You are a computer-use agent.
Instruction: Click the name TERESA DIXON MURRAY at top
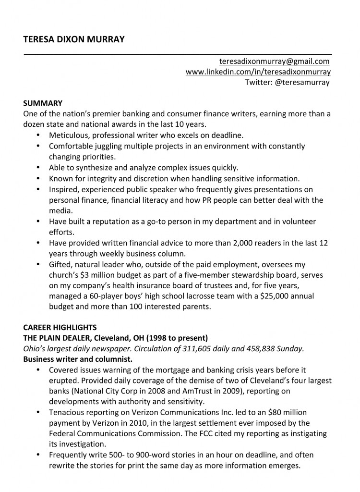pyautogui.click(x=73, y=39)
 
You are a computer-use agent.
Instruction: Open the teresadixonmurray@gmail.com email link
pyautogui.click(x=274, y=61)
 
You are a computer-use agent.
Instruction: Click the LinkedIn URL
pyautogui.click(x=258, y=72)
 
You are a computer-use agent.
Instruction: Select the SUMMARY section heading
pyautogui.click(x=43, y=103)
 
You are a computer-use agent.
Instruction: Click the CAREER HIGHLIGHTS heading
pyautogui.click(x=60, y=328)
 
